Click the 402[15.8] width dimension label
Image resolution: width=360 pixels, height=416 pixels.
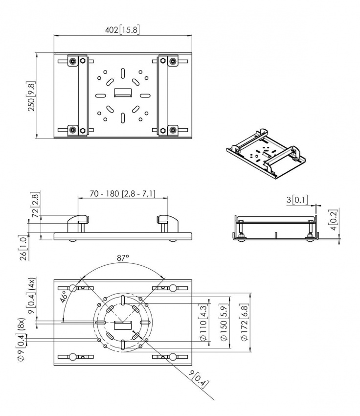[122, 29]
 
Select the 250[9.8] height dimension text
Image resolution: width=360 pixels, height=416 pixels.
[31, 96]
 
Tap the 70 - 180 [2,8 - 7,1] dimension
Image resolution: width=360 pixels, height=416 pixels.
[122, 194]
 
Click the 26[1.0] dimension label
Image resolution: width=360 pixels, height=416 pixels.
[23, 248]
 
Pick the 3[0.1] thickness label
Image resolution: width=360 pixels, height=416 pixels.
[297, 200]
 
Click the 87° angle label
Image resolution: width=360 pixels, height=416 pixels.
[123, 258]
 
